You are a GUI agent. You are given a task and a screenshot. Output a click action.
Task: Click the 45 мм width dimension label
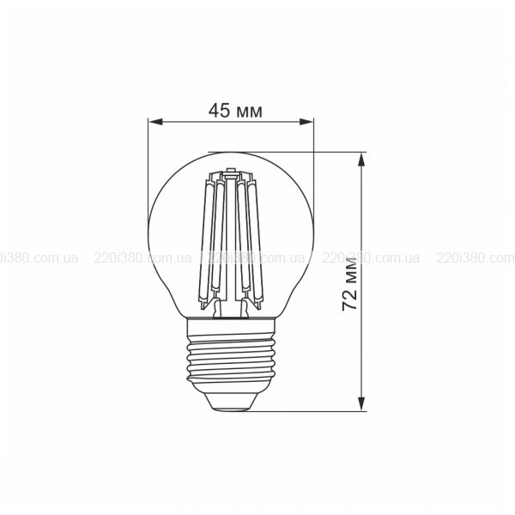pos(235,111)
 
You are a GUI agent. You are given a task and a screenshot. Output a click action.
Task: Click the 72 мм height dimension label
pos(349,284)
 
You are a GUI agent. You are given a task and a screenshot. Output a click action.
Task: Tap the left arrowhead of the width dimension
pos(155,122)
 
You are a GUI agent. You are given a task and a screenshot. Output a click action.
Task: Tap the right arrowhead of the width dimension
pos(306,122)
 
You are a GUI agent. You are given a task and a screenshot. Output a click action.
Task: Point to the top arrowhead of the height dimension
pos(361,161)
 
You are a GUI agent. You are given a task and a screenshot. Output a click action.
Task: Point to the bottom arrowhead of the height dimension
pos(361,403)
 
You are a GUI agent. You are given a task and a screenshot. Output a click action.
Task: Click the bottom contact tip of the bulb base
pos(230,409)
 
